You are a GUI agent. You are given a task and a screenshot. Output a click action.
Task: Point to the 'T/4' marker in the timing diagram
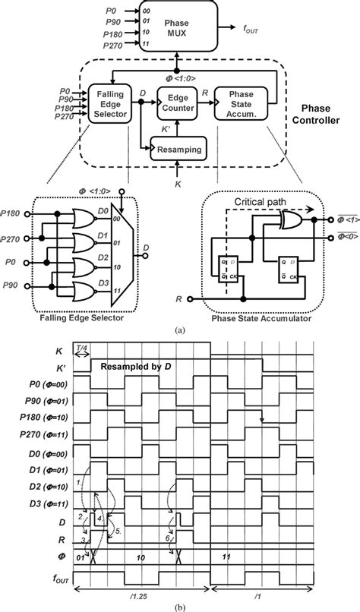coord(81,348)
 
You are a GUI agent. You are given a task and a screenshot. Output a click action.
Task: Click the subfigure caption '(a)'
coord(180,331)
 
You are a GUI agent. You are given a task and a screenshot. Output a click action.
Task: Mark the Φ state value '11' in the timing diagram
coord(226,556)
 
